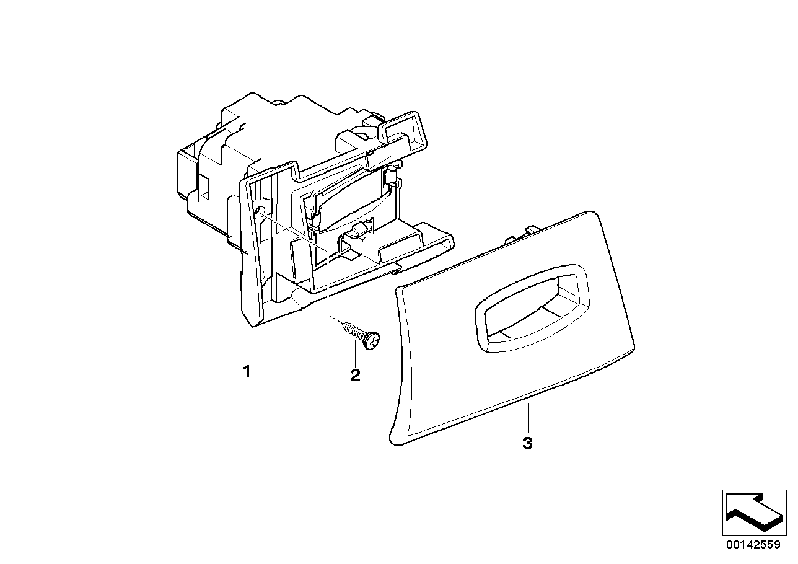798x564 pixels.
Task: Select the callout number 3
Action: click(527, 444)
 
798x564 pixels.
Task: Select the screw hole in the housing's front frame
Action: click(260, 214)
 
